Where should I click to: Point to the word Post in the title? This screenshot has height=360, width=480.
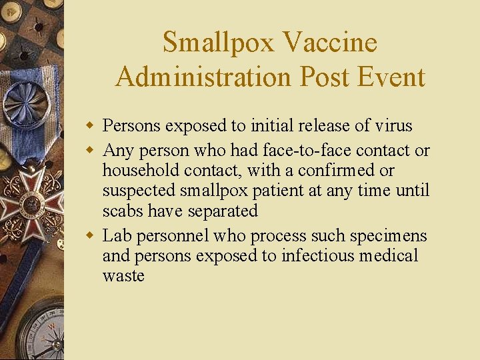[323, 77]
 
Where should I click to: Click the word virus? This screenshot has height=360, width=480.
[394, 125]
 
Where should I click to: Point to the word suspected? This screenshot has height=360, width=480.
[139, 191]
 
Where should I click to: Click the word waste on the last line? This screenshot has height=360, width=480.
[123, 276]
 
